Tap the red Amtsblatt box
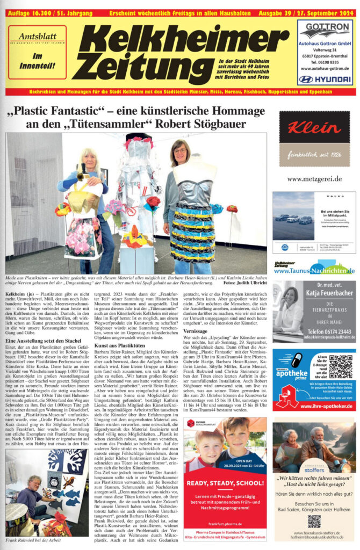[37, 52]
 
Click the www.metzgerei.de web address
[314, 178]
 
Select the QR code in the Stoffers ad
[314, 520]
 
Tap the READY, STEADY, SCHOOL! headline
[226, 484]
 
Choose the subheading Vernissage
[195, 331]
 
